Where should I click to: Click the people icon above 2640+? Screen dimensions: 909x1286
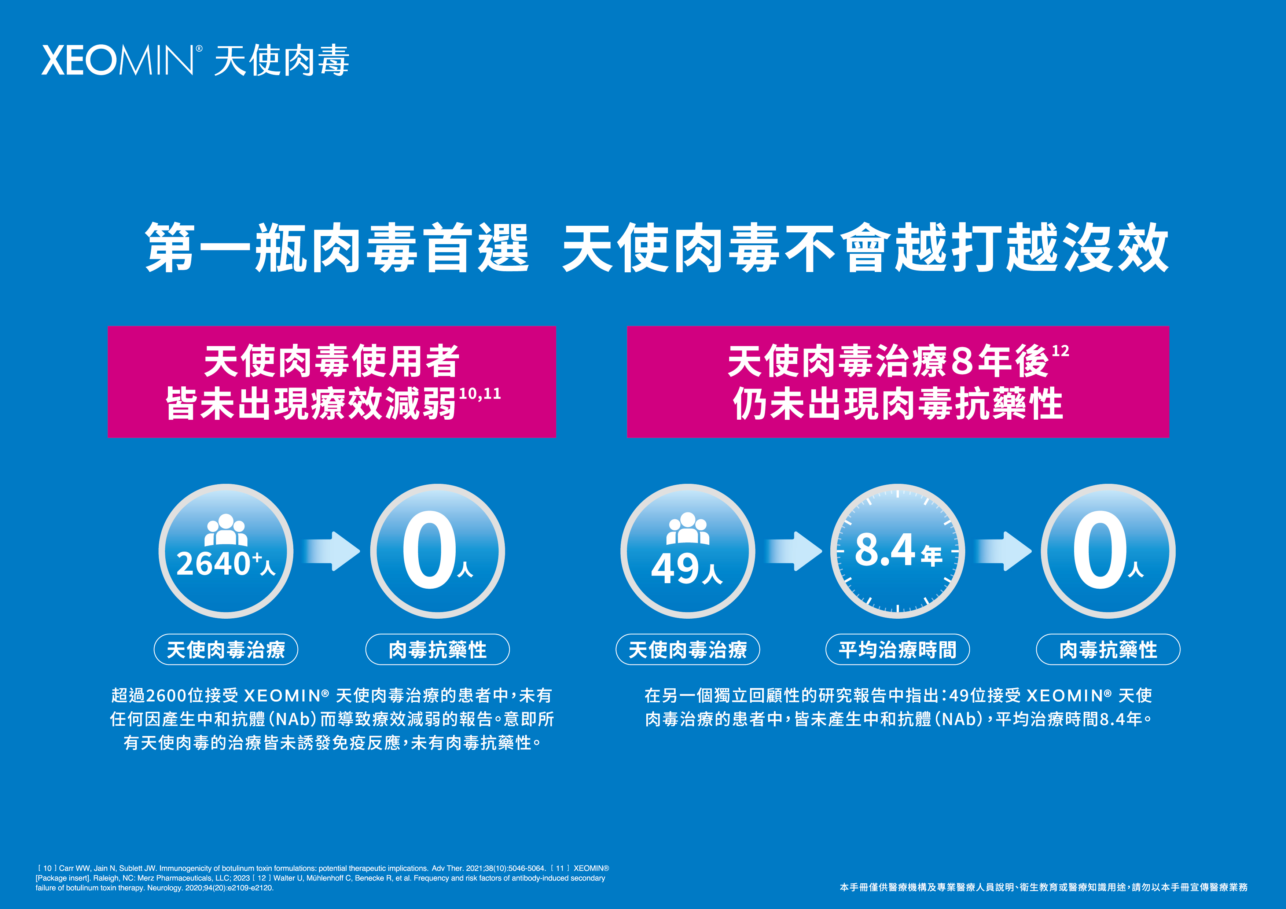pos(226,530)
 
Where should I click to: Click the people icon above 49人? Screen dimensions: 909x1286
pos(687,528)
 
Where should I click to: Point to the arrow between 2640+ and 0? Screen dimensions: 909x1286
pos(332,551)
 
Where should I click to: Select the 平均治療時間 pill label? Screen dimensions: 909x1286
pos(897,650)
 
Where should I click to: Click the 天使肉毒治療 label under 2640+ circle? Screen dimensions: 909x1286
pos(226,650)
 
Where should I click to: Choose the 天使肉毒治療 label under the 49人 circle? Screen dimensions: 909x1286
pos(687,650)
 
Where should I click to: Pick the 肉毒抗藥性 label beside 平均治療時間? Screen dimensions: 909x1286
pos(1108,650)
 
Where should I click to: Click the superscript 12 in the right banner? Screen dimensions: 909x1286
pos(1060,351)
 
